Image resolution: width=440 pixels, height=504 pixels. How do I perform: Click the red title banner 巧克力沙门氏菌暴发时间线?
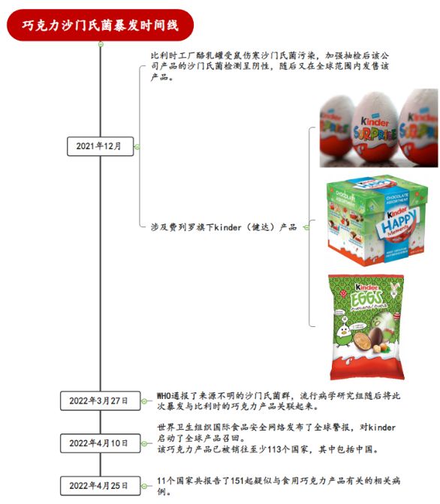pyautogui.click(x=100, y=25)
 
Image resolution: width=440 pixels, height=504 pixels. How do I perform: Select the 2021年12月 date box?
pyautogui.click(x=100, y=146)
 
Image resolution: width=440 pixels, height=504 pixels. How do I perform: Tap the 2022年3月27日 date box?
pyautogui.click(x=100, y=400)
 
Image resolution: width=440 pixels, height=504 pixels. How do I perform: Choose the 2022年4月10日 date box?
pyautogui.click(x=100, y=443)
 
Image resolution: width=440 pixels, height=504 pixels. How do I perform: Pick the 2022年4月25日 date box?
pyautogui.click(x=100, y=485)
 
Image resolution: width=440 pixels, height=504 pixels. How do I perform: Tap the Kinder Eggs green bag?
pyautogui.click(x=366, y=326)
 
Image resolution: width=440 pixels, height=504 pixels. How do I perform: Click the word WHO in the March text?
pyautogui.click(x=164, y=395)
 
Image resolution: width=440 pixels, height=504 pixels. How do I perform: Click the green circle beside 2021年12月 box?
pyautogui.click(x=137, y=147)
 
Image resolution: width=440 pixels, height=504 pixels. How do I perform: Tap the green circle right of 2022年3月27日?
pyautogui.click(x=144, y=400)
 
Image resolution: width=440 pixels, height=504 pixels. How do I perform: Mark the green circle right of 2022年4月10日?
pyautogui.click(x=144, y=443)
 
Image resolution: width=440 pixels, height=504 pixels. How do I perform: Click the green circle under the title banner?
pyautogui.click(x=101, y=44)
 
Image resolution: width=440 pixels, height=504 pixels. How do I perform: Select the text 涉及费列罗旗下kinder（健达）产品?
pyautogui.click(x=224, y=227)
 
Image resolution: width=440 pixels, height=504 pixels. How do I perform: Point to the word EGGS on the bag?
pyautogui.click(x=366, y=299)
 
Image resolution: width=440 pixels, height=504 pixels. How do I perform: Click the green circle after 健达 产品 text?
pyautogui.click(x=306, y=227)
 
